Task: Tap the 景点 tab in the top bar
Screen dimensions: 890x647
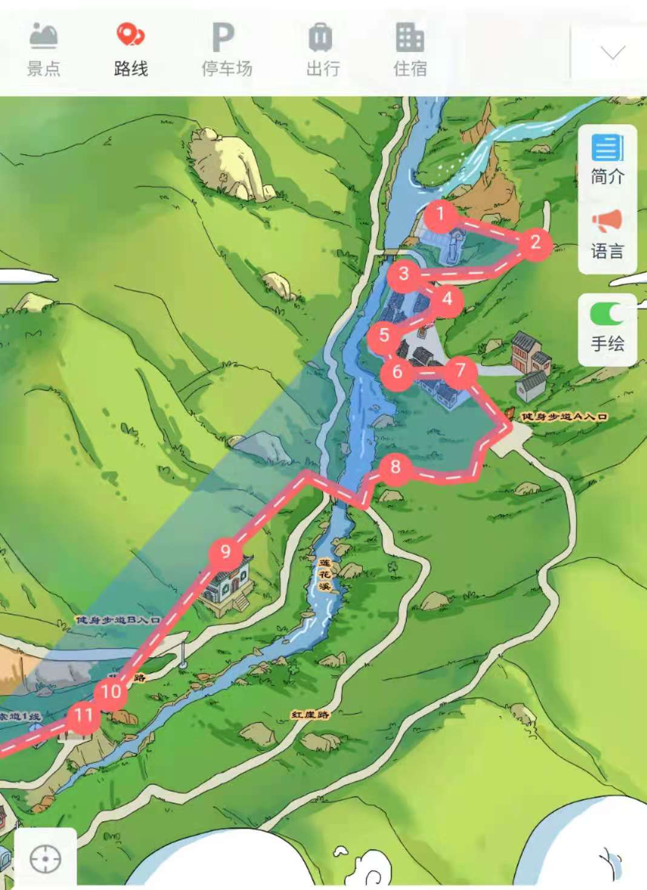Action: coord(44,50)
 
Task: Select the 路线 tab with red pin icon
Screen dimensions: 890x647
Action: coord(131,50)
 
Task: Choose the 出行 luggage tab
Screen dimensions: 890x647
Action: coord(322,50)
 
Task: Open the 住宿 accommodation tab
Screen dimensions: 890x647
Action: coord(410,50)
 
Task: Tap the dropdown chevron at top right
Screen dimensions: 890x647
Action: coord(612,53)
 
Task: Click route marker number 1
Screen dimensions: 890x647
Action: coord(440,214)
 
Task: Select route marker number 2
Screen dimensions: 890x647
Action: coord(534,244)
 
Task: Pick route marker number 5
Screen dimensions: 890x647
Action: coord(384,334)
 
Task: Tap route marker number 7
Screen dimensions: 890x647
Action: coord(460,369)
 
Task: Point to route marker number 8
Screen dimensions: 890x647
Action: coord(396,467)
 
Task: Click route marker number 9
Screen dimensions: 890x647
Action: coord(225,552)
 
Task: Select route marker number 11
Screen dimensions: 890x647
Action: coord(84,716)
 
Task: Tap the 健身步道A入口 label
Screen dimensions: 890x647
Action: coord(564,416)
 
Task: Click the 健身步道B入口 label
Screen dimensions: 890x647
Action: coord(118,620)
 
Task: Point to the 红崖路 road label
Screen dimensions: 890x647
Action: coord(311,715)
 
